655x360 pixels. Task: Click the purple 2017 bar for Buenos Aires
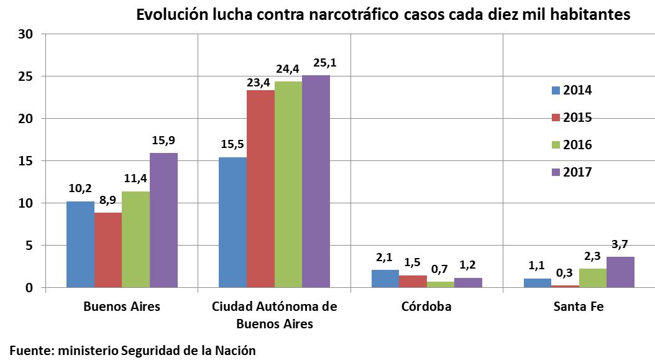(x=163, y=220)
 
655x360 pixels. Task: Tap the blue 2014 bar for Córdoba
(x=385, y=279)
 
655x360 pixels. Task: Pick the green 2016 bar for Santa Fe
(x=592, y=278)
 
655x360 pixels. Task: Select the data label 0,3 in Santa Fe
(x=564, y=272)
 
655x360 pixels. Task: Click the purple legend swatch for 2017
(x=556, y=172)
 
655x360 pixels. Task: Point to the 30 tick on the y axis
(x=25, y=34)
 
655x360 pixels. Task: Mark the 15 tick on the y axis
(x=25, y=161)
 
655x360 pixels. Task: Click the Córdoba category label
(x=426, y=307)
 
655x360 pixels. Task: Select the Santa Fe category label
(x=579, y=307)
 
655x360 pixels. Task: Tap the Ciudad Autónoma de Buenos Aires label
(x=274, y=315)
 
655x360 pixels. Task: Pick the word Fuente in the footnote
(x=29, y=350)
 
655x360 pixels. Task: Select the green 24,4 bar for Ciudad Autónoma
(x=288, y=184)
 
